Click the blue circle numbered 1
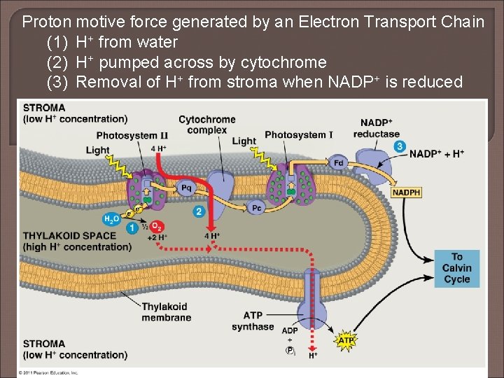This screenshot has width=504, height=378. [132, 227]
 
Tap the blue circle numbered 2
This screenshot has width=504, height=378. [199, 211]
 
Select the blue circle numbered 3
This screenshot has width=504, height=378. [399, 146]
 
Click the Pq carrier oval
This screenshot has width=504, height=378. [186, 187]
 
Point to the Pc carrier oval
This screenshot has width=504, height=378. [257, 207]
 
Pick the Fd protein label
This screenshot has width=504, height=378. [339, 162]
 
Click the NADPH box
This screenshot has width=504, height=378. [407, 192]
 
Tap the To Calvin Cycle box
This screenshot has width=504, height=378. [456, 268]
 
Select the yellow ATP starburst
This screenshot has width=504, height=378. [346, 341]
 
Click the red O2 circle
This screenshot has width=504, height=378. [157, 226]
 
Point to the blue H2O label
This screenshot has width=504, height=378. [112, 219]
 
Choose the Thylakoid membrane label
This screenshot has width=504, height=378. [166, 311]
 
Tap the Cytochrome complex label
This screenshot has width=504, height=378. [207, 125]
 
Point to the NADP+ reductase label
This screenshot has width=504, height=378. [376, 128]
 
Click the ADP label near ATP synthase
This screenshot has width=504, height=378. [290, 330]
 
